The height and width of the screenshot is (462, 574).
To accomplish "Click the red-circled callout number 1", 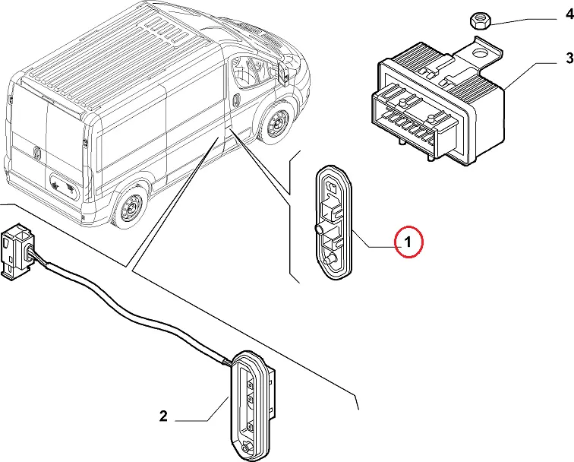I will [x=408, y=242].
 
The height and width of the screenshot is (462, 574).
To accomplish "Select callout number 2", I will [x=162, y=416].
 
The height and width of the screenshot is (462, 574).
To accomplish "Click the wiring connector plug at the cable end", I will [x=16, y=252].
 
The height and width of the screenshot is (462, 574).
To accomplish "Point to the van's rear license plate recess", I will [x=60, y=183].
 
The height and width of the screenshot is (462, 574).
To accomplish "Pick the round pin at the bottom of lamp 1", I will [x=331, y=261].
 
